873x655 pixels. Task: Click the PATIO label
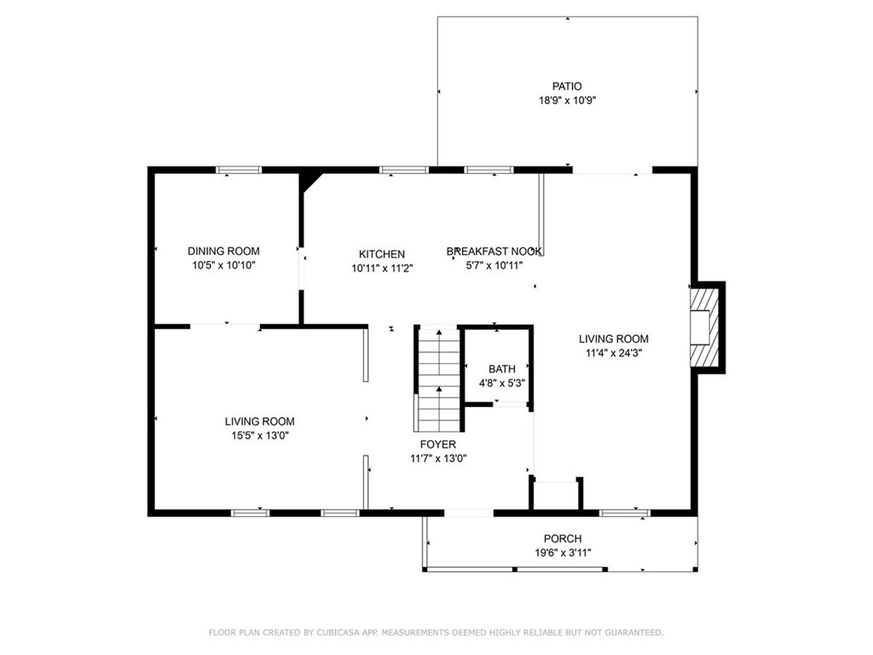coord(566,86)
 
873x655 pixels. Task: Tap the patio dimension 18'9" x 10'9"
coord(566,101)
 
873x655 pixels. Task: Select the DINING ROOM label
coord(223,251)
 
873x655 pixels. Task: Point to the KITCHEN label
coord(381,254)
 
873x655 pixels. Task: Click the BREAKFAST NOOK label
coord(494,251)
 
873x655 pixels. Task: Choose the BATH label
coord(501,369)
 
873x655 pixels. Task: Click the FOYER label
coord(437,444)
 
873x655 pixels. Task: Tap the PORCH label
coord(563,538)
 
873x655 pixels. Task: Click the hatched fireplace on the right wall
coord(704,327)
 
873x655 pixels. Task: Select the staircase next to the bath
coord(438,379)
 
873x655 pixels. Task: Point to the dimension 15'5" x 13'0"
coord(259,436)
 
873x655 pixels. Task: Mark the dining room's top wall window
coord(238,170)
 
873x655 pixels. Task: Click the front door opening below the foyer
coord(469,513)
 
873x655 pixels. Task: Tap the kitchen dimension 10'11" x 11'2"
coord(381,269)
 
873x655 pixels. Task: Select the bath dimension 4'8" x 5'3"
coord(501,384)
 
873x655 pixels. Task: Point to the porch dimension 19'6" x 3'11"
coord(563,553)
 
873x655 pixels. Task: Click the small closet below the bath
coord(556,496)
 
